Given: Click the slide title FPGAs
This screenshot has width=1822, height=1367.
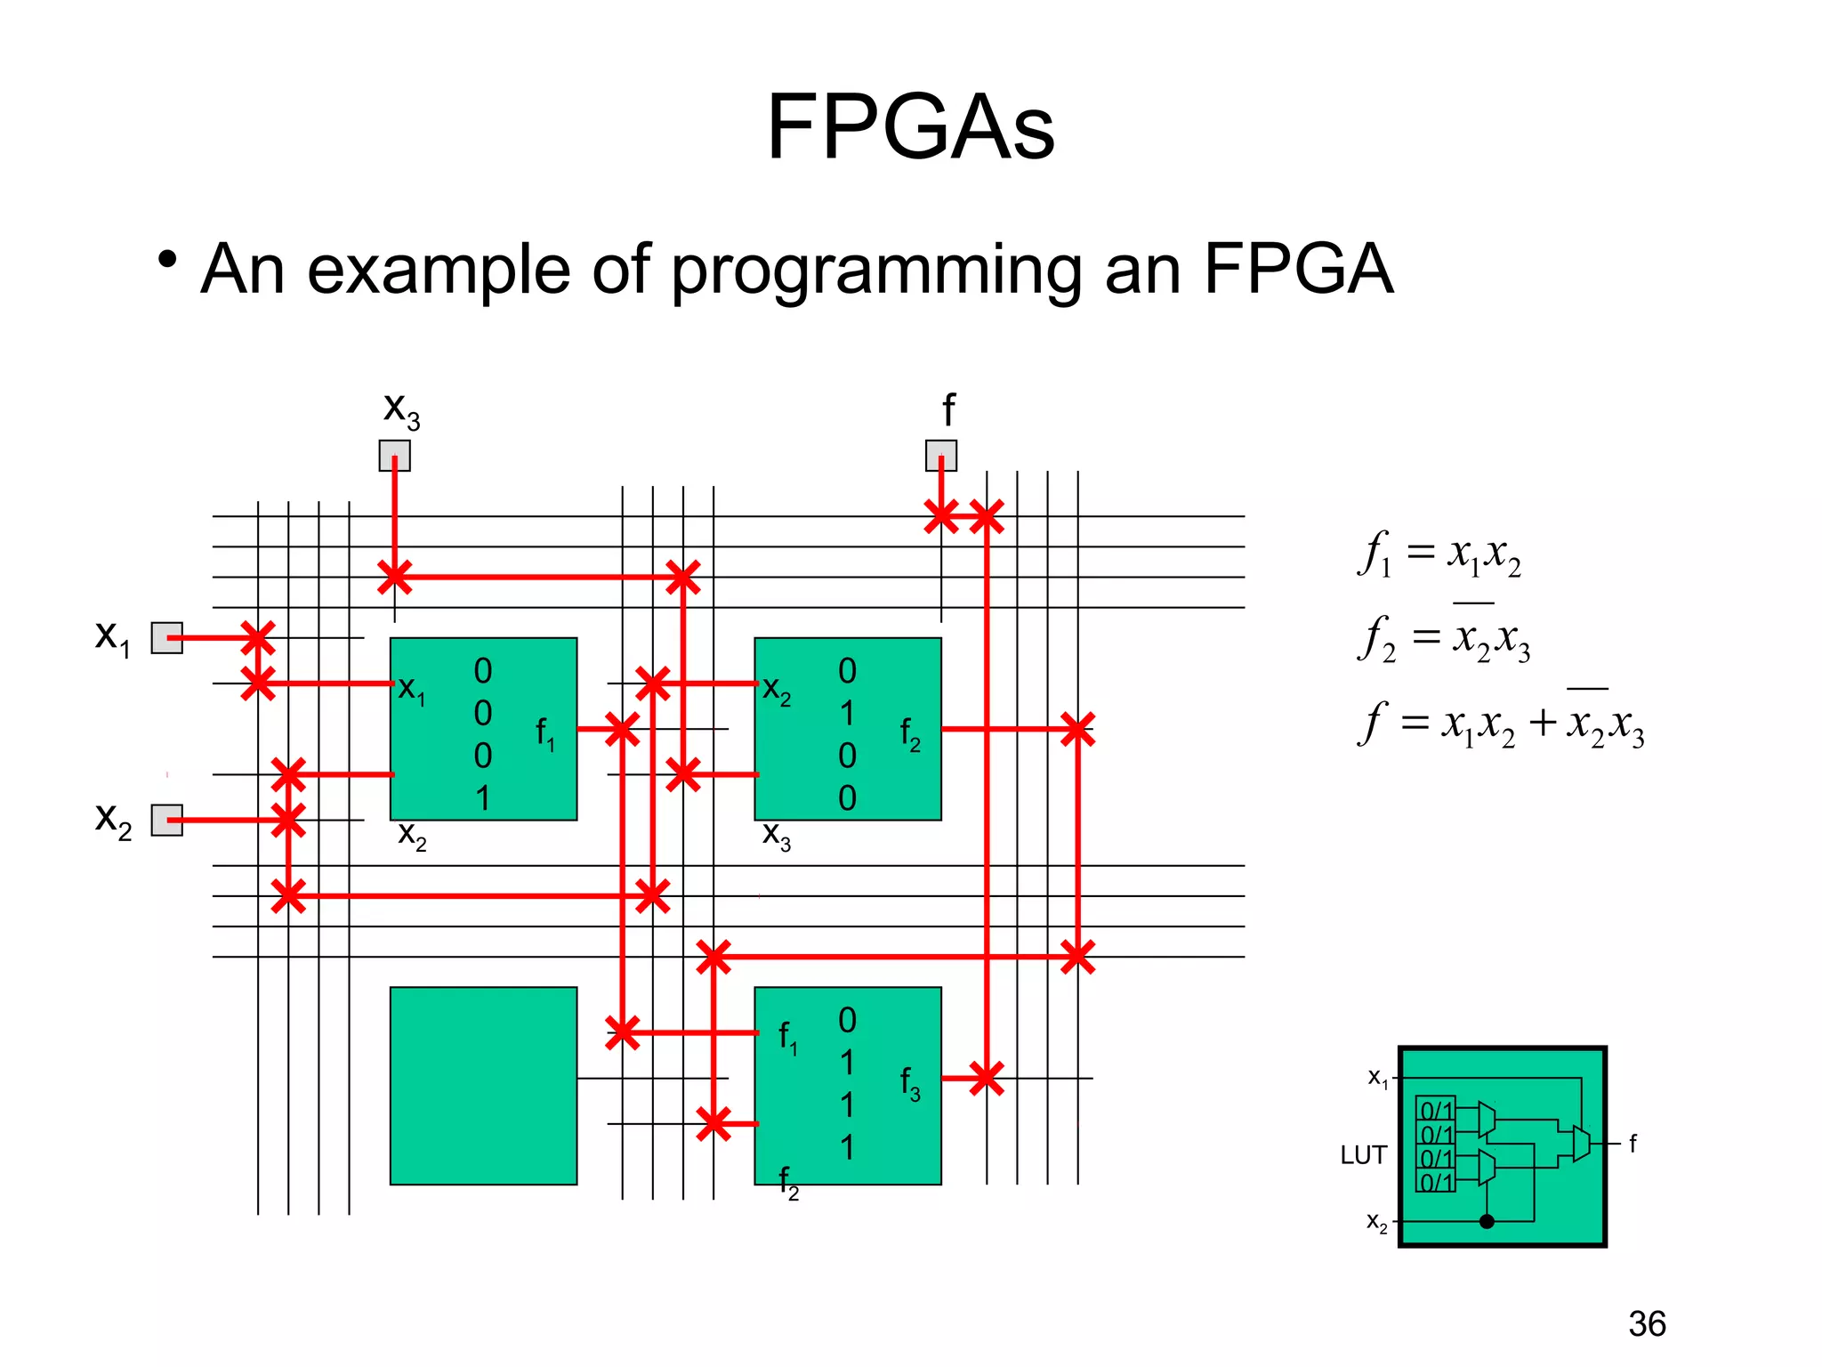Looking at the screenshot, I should tap(910, 128).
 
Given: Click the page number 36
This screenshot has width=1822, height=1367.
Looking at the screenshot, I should tap(1647, 1324).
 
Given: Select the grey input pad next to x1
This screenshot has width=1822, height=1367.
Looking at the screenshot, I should tap(166, 638).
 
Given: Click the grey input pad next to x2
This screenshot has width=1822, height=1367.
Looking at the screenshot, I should tap(166, 821).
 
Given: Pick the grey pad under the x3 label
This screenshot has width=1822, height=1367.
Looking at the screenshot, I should tap(395, 456).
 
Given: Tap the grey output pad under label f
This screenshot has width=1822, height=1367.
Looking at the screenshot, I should tap(941, 456).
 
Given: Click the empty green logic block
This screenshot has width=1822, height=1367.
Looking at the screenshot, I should tap(483, 1086).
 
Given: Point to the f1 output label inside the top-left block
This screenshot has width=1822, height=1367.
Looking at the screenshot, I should tap(544, 735).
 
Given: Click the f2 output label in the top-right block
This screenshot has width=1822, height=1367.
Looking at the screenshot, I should tap(909, 735).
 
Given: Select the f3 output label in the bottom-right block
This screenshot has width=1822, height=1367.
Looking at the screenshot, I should tap(909, 1084).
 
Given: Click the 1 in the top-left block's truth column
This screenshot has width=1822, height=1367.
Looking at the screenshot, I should tap(482, 798).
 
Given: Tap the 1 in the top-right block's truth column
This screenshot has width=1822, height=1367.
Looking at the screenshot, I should tap(847, 714).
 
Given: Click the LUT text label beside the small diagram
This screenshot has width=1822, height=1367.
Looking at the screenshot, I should tap(1363, 1155).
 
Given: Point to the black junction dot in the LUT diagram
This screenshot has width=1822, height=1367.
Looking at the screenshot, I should tap(1487, 1221).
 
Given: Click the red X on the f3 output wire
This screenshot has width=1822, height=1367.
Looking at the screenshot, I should tap(986, 1079).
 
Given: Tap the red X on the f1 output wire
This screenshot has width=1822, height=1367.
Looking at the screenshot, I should tap(622, 730).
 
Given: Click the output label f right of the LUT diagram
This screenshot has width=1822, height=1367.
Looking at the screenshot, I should tap(1633, 1144).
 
